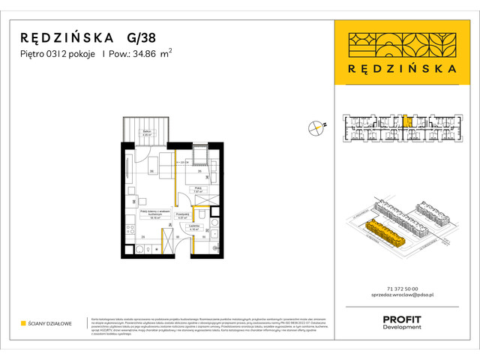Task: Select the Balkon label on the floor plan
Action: [147, 131]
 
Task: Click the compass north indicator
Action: [316, 128]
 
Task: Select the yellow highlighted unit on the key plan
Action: [406, 119]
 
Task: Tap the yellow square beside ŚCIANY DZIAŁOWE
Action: [24, 323]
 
